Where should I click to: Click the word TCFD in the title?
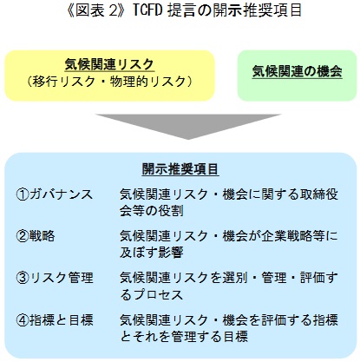click(148, 10)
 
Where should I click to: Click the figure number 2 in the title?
click(113, 10)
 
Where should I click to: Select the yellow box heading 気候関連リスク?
click(109, 64)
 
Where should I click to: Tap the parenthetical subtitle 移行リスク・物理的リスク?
click(109, 82)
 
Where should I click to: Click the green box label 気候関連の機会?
click(297, 71)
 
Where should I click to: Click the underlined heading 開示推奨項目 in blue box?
click(180, 169)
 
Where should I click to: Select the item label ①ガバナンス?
click(55, 194)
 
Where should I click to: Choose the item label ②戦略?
click(36, 236)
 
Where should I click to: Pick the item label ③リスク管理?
click(55, 278)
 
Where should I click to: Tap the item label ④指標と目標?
click(55, 320)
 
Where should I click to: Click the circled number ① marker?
click(23, 194)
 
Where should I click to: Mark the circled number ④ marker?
click(23, 320)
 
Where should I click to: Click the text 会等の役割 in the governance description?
click(152, 211)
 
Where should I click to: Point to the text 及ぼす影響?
click(152, 253)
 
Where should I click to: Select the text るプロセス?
click(152, 295)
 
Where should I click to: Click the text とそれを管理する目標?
click(184, 337)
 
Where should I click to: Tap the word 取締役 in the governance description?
click(318, 194)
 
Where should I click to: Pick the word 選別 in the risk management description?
click(235, 278)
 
